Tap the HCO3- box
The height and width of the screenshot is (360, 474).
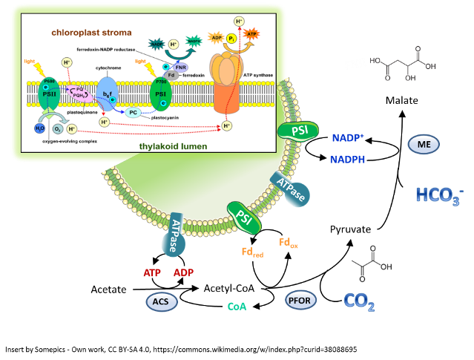439,194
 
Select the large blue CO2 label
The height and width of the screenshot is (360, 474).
359,301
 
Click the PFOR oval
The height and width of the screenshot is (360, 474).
301,300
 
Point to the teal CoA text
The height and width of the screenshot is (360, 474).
237,306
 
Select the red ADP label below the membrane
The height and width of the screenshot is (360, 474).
183,272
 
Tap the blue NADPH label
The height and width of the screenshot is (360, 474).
347,159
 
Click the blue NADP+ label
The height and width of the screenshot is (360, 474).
348,138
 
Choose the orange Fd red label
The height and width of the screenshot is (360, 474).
252,252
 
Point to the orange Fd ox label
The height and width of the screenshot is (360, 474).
289,242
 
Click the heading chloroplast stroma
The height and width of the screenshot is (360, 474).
91,33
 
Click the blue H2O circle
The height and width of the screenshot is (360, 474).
40,128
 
